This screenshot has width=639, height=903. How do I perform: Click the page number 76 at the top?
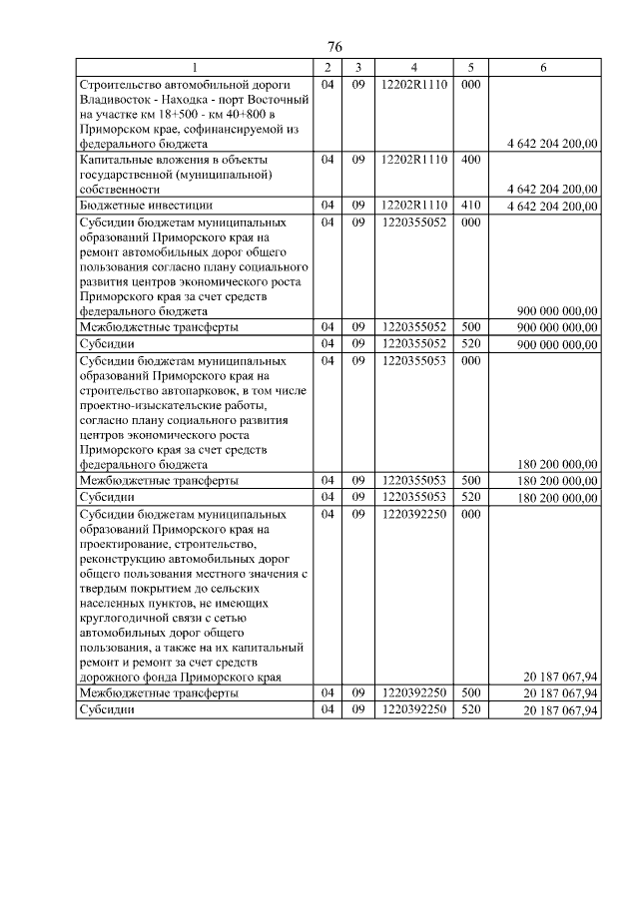(334, 48)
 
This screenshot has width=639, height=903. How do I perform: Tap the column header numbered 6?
(542, 67)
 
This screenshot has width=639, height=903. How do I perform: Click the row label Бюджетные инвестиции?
(137, 205)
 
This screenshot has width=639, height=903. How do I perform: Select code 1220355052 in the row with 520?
(413, 342)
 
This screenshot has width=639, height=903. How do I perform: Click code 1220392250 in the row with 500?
(413, 693)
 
